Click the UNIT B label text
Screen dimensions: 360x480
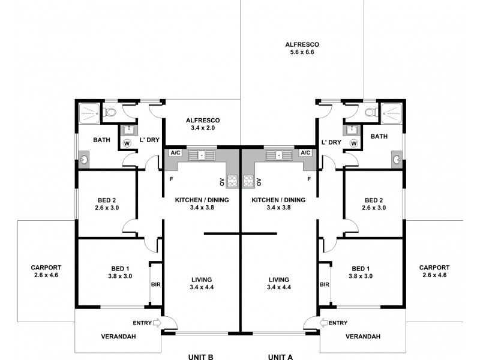click(x=201, y=357)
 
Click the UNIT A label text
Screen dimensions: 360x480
click(x=280, y=357)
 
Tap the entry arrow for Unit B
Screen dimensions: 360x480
click(x=158, y=323)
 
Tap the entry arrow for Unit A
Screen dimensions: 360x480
click(x=324, y=323)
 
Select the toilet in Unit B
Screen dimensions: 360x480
click(x=111, y=112)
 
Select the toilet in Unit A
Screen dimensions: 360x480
click(x=370, y=112)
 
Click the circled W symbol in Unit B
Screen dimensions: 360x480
click(x=127, y=143)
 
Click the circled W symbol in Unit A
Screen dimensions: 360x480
click(x=354, y=143)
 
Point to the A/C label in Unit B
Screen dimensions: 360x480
click(x=176, y=153)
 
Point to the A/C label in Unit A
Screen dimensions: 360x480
click(x=305, y=153)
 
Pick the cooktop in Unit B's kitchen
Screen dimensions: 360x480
click(x=232, y=181)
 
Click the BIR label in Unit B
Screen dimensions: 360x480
click(x=155, y=284)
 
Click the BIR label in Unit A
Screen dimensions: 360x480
click(x=325, y=284)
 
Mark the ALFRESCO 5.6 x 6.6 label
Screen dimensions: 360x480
click(x=302, y=49)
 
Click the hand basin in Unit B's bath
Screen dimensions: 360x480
click(x=83, y=160)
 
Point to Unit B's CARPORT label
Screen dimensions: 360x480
click(x=46, y=271)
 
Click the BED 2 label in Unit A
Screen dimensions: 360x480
click(x=374, y=204)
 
